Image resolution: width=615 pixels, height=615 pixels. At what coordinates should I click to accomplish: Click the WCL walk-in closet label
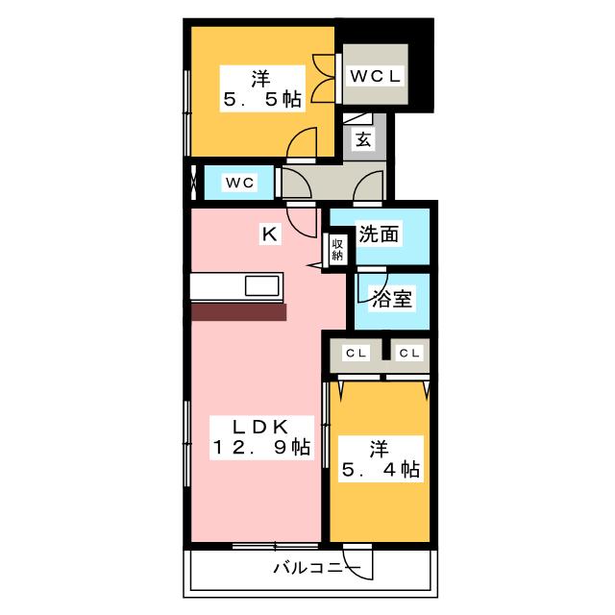[375, 75]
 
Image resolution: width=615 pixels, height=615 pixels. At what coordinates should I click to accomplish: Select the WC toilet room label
[238, 182]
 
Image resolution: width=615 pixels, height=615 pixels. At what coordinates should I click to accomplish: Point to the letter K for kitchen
[270, 233]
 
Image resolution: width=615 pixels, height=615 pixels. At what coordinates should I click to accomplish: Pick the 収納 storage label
[338, 249]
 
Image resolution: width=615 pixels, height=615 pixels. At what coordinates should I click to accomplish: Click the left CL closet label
[356, 353]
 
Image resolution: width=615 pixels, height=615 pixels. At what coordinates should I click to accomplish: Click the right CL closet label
[409, 353]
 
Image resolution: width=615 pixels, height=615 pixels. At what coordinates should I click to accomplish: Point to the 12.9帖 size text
[261, 447]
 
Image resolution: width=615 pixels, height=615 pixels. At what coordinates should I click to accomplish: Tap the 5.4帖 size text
[381, 470]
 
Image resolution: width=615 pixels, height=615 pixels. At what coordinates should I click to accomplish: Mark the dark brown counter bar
[238, 312]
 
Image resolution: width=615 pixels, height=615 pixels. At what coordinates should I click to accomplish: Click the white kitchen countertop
[217, 286]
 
